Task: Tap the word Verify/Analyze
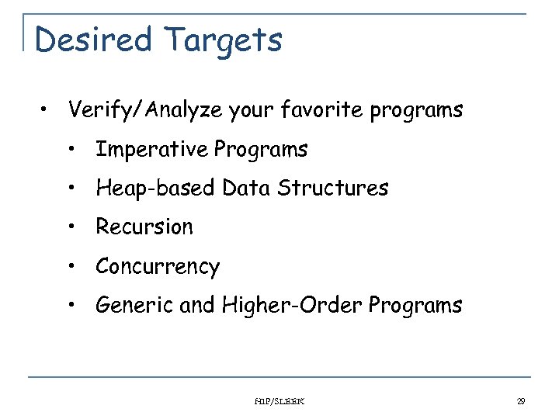pos(146,111)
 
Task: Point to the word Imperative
pos(152,149)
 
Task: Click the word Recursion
pos(144,227)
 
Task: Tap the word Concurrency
pos(158,267)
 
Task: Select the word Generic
pos(134,306)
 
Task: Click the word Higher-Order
pos(293,306)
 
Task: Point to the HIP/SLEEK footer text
pos(279,401)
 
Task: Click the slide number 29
pos(521,401)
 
